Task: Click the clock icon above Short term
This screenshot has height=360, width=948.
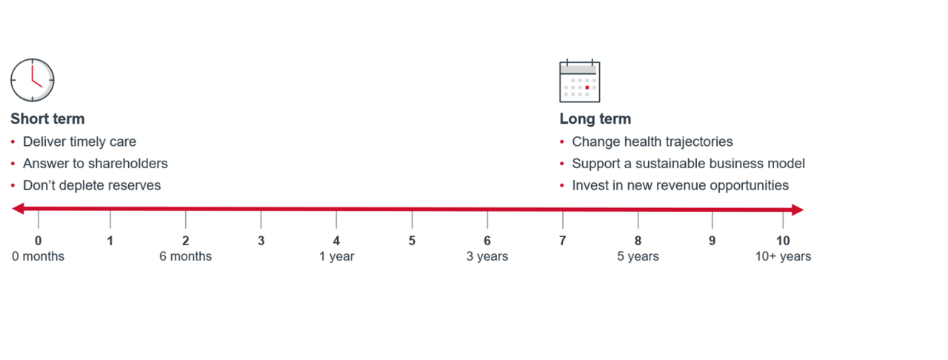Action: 33,80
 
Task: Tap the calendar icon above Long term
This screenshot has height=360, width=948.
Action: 579,81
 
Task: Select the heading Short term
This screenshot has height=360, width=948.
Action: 47,119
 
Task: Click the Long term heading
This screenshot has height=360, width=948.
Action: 595,119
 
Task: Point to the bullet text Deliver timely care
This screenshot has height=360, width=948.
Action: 79,141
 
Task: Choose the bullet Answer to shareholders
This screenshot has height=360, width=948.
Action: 95,164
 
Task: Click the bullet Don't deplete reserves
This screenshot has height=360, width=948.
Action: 92,185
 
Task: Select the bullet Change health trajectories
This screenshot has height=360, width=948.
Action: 652,141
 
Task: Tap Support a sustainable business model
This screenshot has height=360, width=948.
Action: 688,164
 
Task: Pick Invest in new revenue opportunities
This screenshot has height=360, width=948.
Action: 680,185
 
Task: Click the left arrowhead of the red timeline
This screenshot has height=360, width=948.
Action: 19,210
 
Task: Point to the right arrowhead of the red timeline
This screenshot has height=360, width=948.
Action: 798,210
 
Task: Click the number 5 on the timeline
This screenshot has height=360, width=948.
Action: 412,241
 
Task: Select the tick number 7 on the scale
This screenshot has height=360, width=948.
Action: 562,241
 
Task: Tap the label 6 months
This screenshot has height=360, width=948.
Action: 186,256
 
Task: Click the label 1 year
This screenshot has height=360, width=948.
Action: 337,256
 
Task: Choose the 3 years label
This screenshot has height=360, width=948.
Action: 487,256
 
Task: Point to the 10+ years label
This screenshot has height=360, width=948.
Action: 783,256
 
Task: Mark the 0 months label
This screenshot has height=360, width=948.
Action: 38,256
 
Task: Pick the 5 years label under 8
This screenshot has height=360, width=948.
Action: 638,256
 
